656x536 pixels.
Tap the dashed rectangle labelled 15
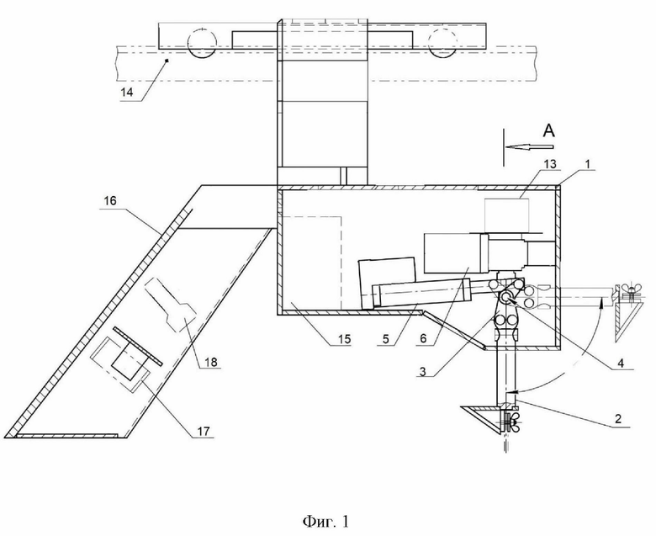(310, 261)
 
